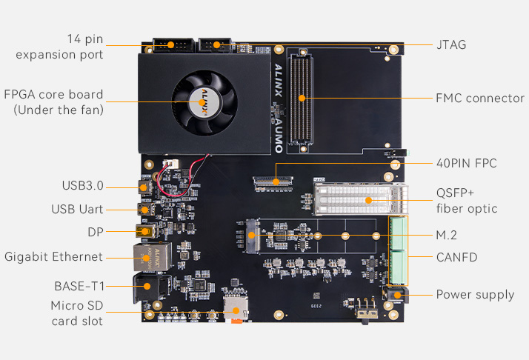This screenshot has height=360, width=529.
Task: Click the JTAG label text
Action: (x=450, y=44)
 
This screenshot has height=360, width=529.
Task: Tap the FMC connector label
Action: (x=479, y=98)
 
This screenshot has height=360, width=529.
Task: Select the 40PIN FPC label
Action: (x=466, y=163)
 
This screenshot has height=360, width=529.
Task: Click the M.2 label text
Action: (x=447, y=235)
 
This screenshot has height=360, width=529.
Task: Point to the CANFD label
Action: (x=456, y=258)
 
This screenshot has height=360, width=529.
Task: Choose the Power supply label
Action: (x=474, y=294)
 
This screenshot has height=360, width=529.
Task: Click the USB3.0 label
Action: (x=82, y=185)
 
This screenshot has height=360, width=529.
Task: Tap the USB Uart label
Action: (x=77, y=209)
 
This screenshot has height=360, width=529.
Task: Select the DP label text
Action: (x=95, y=232)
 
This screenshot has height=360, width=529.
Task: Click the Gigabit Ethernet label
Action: (x=53, y=257)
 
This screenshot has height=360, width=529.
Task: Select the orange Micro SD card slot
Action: (x=236, y=307)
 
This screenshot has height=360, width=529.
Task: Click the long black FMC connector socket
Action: (x=302, y=98)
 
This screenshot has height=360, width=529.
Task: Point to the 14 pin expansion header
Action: (x=171, y=45)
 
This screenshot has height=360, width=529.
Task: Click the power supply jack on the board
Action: (x=397, y=296)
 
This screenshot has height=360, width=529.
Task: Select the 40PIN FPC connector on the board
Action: (x=273, y=180)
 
